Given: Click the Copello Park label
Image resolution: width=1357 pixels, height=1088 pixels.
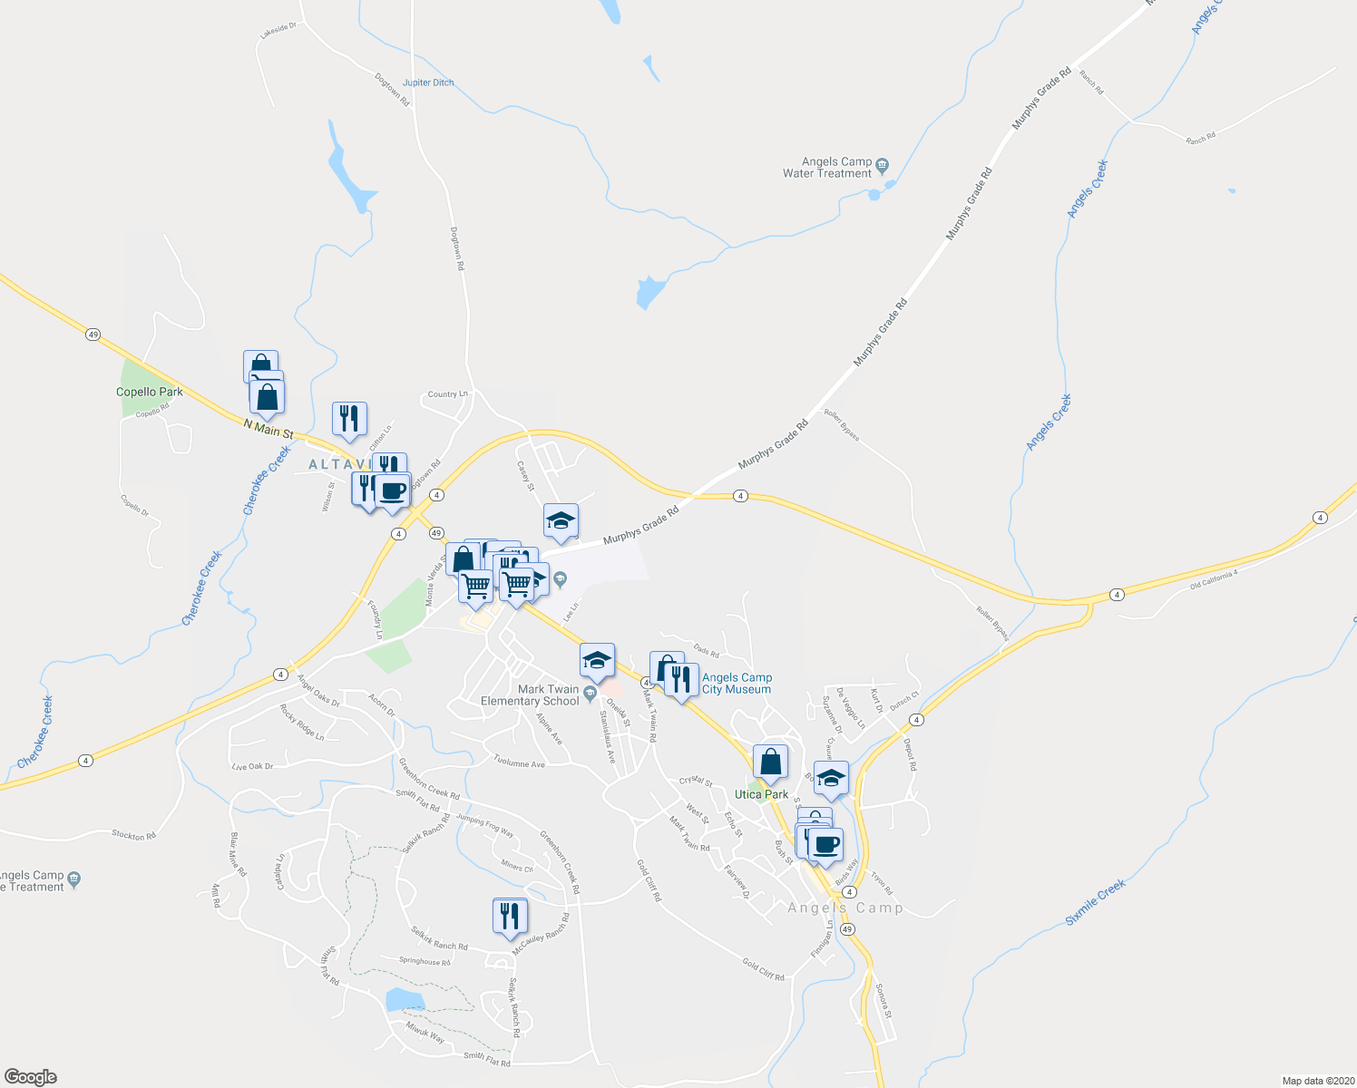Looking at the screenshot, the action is [x=150, y=392].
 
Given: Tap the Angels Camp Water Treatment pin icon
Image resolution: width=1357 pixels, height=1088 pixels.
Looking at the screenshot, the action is [x=883, y=165].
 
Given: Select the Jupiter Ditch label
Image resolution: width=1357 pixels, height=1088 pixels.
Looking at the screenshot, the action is [x=428, y=83].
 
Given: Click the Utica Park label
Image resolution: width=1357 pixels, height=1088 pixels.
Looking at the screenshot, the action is [x=761, y=794].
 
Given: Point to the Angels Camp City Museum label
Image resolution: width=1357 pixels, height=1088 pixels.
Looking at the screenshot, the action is [x=737, y=684].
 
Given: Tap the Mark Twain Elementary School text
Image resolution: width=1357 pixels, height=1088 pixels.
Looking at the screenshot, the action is [x=530, y=695].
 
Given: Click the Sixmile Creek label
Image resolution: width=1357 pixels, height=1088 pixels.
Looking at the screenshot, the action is [x=1096, y=901].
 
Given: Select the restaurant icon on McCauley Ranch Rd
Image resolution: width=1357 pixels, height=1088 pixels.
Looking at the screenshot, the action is [x=511, y=917].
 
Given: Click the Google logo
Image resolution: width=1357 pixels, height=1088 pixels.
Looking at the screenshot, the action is [x=30, y=1077].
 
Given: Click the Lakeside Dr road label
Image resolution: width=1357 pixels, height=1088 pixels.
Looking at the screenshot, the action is [x=278, y=29].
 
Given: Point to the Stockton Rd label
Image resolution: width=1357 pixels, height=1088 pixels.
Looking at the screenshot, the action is [x=134, y=835].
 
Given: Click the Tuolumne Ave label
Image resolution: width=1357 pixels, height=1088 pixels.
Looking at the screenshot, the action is [x=519, y=763].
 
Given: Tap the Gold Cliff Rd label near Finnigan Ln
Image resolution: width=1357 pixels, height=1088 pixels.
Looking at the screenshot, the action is [x=763, y=970].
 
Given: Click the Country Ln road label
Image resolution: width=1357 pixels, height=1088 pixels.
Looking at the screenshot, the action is [x=447, y=394].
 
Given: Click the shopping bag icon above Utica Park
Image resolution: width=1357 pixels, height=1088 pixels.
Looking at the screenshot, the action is [x=770, y=762].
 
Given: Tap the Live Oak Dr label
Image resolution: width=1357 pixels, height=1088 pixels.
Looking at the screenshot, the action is [x=252, y=767].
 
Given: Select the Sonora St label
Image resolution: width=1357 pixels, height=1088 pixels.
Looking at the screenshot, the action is [x=884, y=1000].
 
